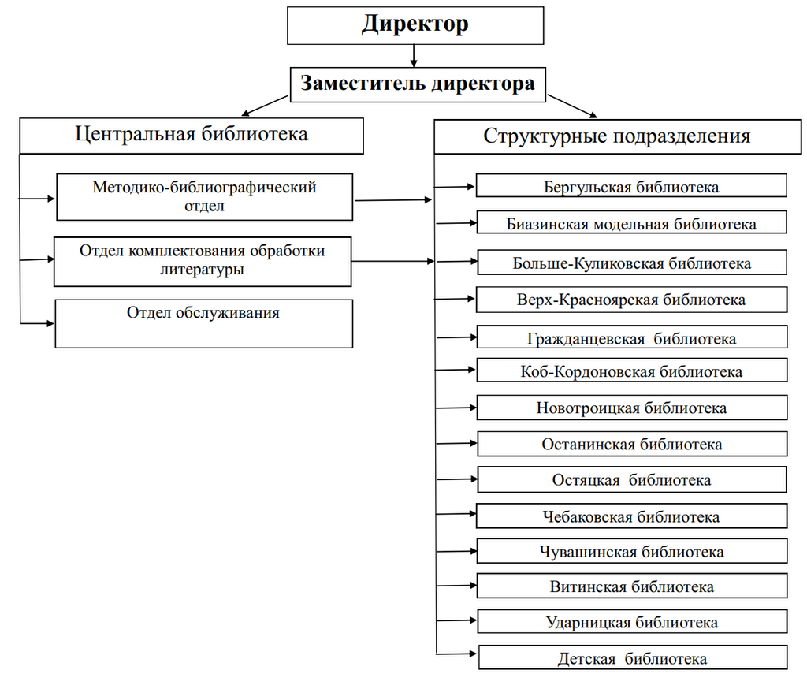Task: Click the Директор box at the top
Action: [415, 24]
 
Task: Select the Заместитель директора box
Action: [418, 84]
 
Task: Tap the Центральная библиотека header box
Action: [192, 135]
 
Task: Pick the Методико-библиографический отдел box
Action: [204, 197]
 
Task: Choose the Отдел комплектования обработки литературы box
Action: [203, 261]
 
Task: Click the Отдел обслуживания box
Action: [203, 323]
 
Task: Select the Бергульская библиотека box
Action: [631, 187]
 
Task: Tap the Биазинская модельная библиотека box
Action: [631, 223]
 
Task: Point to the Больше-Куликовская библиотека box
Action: [631, 263]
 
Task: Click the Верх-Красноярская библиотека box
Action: [631, 300]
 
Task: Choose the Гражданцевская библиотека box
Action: [631, 338]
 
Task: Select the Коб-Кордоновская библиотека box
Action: [631, 371]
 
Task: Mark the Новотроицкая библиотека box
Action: [631, 408]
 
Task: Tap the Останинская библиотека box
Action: [631, 444]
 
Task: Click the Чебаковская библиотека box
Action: [631, 517]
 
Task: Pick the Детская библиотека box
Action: [631, 658]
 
